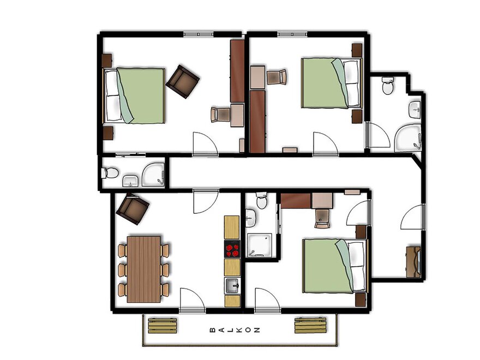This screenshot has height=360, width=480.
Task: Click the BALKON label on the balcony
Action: [x=235, y=330]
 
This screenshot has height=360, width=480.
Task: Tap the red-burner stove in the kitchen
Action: [x=232, y=249]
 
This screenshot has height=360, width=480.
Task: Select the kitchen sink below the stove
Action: [x=232, y=286]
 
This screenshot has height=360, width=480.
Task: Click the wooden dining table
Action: [x=143, y=269]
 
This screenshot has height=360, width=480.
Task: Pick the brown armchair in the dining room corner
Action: [x=132, y=208]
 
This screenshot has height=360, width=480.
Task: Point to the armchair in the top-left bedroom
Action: [x=182, y=81]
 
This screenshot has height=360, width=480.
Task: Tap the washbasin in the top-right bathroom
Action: [x=415, y=109]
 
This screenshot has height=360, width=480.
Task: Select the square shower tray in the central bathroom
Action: [x=260, y=245]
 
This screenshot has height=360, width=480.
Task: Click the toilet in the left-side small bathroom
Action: [x=110, y=173]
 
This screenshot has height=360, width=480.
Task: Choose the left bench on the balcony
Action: [x=163, y=326]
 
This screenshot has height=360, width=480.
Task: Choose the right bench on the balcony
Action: [x=310, y=325]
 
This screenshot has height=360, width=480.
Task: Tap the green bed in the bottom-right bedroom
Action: [x=334, y=266]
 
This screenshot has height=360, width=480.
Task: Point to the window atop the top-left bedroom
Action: [x=198, y=34]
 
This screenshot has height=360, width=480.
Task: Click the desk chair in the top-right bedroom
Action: [x=277, y=77]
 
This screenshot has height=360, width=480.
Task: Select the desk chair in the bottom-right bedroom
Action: [x=322, y=219]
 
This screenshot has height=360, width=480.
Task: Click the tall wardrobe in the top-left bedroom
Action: [x=237, y=71]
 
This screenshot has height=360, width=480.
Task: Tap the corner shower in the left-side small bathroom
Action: [x=153, y=174]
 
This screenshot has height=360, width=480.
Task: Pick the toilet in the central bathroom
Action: [x=262, y=200]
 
